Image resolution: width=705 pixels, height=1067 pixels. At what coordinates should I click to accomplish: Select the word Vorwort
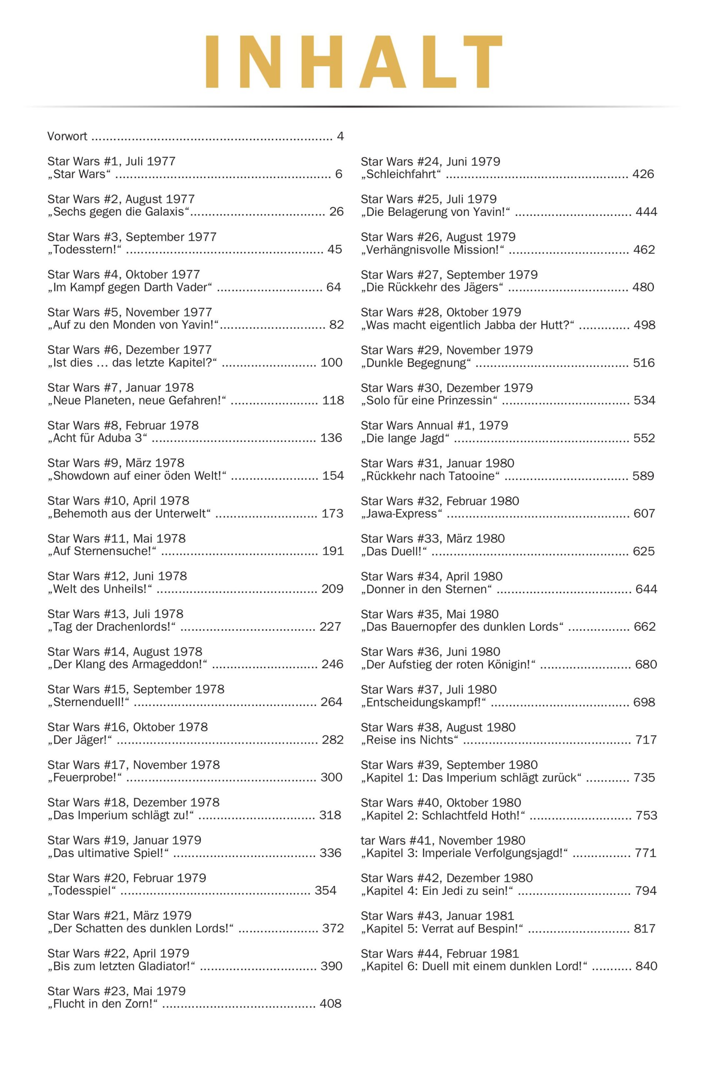67,136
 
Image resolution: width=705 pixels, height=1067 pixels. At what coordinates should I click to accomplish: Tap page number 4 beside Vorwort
340,136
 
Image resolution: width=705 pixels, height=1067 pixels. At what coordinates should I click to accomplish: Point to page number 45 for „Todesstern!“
335,249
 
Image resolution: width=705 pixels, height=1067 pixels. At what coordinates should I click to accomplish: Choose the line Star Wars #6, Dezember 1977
130,349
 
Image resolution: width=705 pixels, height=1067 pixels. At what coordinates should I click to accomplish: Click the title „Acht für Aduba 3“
97,438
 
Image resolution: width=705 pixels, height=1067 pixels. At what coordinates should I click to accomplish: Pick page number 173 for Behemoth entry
332,513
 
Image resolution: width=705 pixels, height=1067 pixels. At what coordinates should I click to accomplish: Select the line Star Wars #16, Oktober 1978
127,726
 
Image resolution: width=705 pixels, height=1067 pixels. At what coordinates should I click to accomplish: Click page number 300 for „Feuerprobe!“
331,777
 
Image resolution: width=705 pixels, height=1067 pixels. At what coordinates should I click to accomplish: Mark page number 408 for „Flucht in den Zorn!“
330,1004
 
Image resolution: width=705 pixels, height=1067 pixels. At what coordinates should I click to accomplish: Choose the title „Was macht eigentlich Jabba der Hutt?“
467,325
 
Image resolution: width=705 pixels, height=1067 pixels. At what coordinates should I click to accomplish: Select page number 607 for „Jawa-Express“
644,513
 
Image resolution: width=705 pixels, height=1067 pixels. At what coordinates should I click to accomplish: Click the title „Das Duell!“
394,551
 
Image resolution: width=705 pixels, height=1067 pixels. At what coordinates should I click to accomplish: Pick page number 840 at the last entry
646,966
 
